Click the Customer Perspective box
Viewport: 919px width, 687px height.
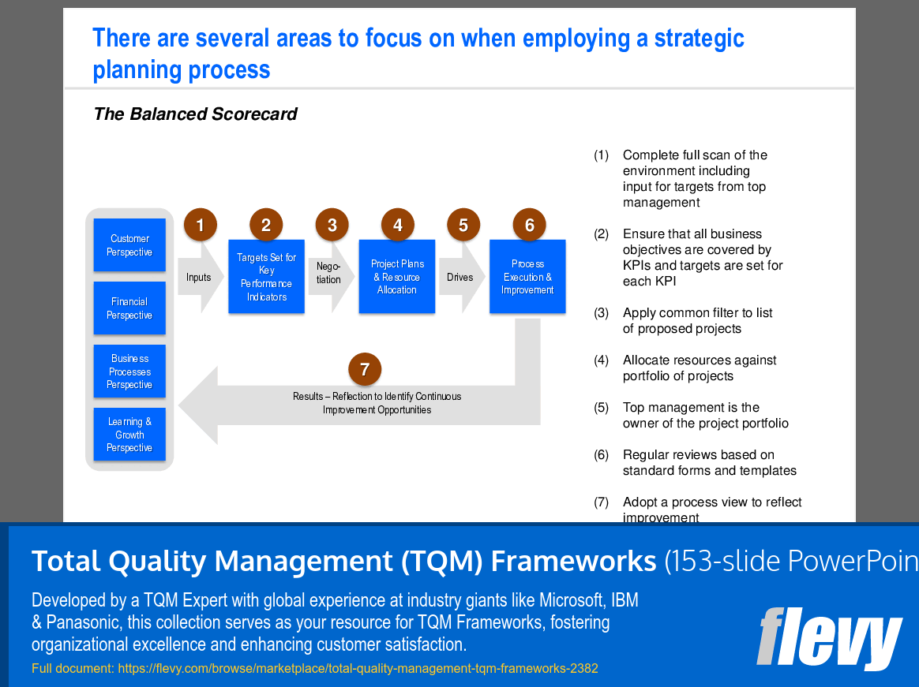coord(129,245)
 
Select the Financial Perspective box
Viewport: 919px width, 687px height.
coord(129,308)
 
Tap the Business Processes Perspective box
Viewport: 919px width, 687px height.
coord(129,372)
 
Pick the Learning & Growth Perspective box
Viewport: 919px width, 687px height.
coord(129,434)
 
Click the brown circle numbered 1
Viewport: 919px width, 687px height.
coord(201,225)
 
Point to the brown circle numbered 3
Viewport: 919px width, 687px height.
coord(332,225)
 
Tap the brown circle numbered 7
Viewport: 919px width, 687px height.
coord(365,369)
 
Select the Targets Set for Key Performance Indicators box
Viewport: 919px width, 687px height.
coord(267,276)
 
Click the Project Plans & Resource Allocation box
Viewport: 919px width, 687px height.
coord(397,276)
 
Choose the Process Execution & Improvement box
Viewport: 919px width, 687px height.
coord(527,276)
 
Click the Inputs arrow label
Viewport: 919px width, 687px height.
coord(199,277)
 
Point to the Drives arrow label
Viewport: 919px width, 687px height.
coord(460,277)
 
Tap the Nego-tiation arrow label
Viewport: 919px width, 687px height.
coord(328,273)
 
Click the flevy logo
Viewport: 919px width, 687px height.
coord(829,638)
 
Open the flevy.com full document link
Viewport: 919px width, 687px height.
coord(358,668)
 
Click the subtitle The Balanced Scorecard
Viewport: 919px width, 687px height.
coord(196,114)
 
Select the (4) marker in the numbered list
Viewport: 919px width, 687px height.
coord(602,360)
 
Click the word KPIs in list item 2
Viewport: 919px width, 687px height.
coord(636,265)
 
